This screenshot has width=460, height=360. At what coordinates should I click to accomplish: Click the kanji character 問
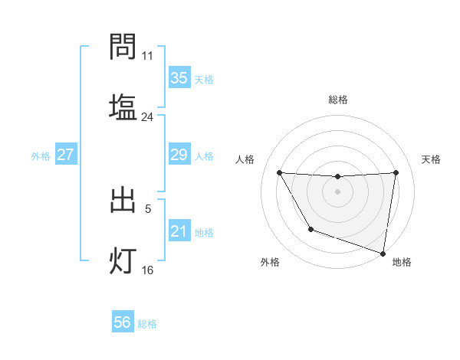click(x=123, y=47)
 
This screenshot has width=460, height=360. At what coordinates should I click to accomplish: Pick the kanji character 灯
click(x=123, y=260)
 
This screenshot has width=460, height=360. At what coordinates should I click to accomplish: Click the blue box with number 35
click(x=179, y=77)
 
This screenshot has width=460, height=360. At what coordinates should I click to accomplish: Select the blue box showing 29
click(x=179, y=155)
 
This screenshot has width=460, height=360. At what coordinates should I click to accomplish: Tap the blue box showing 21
click(x=179, y=231)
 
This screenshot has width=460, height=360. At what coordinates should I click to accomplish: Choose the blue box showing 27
click(x=65, y=155)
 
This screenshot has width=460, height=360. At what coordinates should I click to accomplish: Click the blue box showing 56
click(x=122, y=322)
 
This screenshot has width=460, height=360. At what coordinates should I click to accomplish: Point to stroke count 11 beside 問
click(x=147, y=56)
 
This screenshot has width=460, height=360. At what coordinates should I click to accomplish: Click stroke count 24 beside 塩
click(x=147, y=117)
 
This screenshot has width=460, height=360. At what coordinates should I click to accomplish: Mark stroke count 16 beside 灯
click(x=147, y=270)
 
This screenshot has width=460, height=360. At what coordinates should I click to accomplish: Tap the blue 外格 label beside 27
click(x=41, y=155)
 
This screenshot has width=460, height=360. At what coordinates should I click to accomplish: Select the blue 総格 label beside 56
click(x=147, y=324)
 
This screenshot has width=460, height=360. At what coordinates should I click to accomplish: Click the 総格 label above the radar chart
click(x=337, y=100)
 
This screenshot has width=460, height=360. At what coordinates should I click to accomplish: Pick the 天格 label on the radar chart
click(x=432, y=159)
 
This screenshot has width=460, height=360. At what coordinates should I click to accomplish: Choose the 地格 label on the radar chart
click(x=402, y=262)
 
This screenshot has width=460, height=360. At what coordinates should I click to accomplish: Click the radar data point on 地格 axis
click(x=382, y=250)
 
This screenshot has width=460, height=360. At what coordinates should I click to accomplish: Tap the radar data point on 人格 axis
click(x=279, y=172)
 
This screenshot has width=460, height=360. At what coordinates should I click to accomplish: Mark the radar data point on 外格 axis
click(x=310, y=228)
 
